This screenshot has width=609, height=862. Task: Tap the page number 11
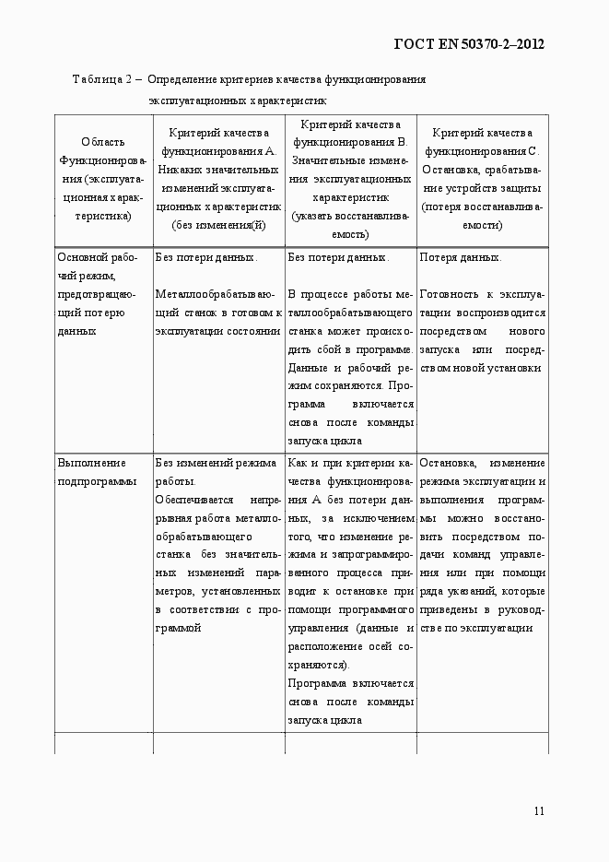coord(539,810)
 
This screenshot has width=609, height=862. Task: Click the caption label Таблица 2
coord(105,79)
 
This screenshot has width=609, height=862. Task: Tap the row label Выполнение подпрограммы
coord(91,471)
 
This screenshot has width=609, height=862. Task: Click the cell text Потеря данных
coord(461,257)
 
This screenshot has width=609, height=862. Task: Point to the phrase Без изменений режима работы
coord(216,471)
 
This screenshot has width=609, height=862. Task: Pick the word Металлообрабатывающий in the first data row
coord(215,294)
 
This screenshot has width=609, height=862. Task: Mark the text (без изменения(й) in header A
coord(218,224)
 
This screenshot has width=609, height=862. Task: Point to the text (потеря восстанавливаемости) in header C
coord(482,215)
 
